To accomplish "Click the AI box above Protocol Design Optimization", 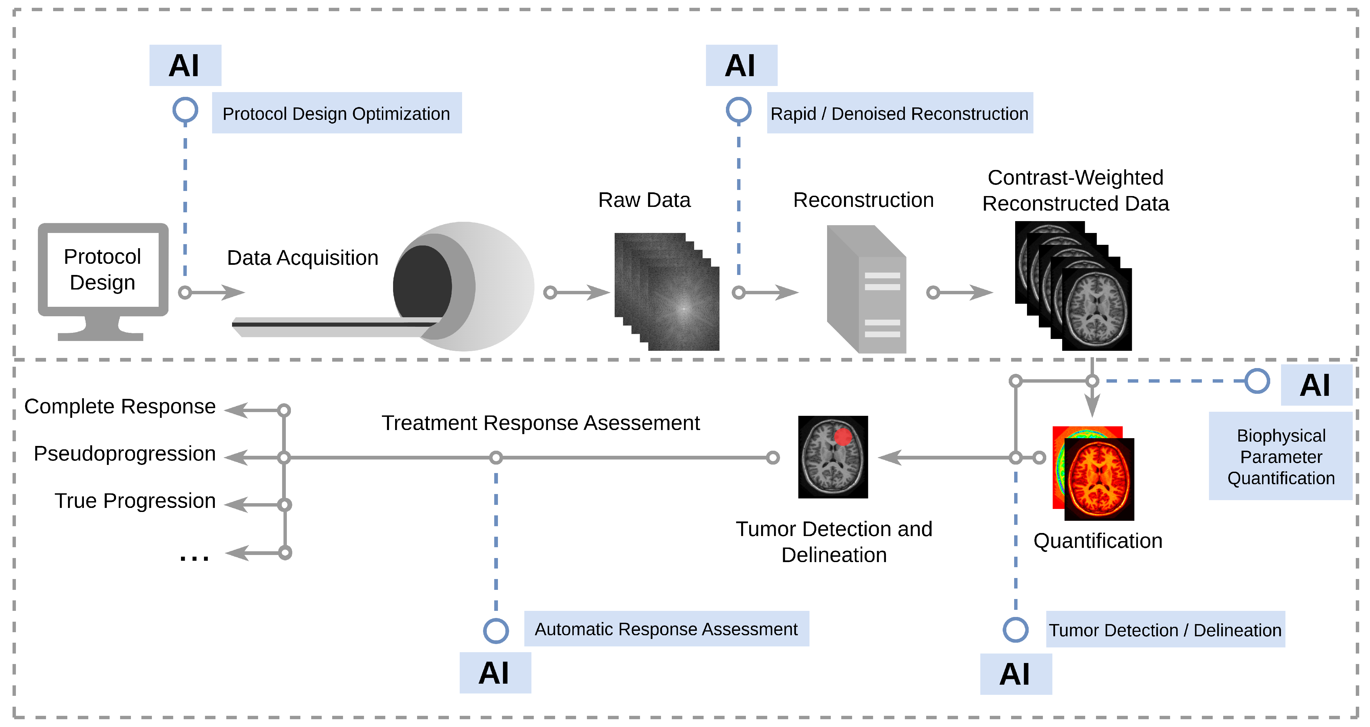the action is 185,65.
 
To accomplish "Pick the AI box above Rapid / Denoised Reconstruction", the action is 741,65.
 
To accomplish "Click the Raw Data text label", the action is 644,200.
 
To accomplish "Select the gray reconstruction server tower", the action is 866,289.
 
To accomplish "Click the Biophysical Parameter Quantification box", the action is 1281,456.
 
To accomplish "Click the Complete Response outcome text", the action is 120,407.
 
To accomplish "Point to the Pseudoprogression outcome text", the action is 125,454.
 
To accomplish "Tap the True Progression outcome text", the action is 135,501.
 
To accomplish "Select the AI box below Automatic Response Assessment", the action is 495,673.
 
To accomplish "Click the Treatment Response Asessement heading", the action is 540,423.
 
